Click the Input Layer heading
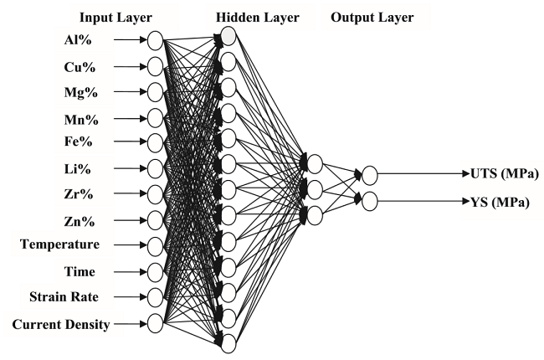[x=115, y=18]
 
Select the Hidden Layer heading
[x=258, y=18]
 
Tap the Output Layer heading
[x=372, y=18]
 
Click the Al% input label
[x=78, y=40]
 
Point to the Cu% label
[x=80, y=67]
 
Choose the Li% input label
[x=77, y=169]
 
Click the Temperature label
[x=60, y=244]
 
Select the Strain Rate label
[x=64, y=297]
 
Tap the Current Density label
[x=61, y=325]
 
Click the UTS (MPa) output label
[x=504, y=173]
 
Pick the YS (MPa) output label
[x=500, y=202]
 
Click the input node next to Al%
[x=155, y=41]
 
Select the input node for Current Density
[x=155, y=323]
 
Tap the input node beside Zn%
[x=155, y=220]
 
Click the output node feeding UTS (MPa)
[x=369, y=175]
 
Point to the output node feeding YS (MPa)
[x=369, y=202]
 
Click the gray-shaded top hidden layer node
[x=228, y=36]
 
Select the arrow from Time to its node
[x=131, y=272]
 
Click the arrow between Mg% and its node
[x=131, y=92]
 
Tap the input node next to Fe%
[x=155, y=142]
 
